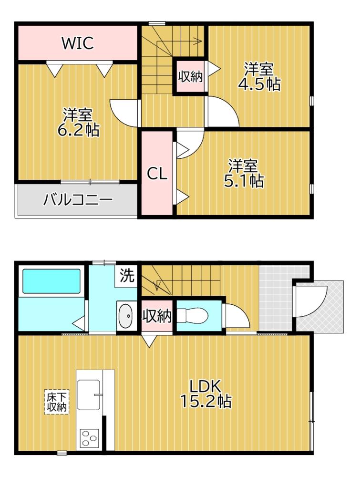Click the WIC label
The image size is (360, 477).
(78, 43)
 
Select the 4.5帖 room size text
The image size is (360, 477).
(259, 84)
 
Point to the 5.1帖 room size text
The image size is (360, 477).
(243, 180)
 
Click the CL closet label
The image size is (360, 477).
(157, 175)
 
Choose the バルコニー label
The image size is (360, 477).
(78, 199)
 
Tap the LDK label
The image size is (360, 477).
(206, 385)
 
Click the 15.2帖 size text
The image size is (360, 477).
(206, 402)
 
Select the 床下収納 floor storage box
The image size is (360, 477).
(57, 402)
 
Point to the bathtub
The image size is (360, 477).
(51, 281)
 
